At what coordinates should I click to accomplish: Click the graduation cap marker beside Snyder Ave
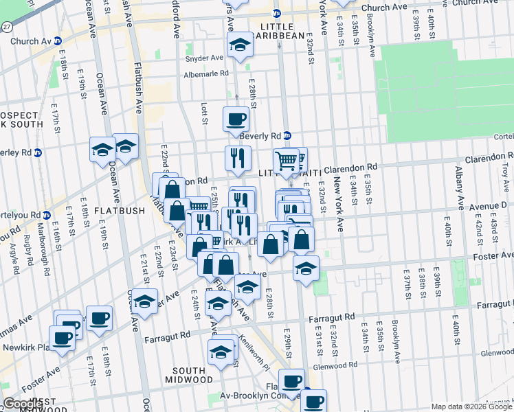240,45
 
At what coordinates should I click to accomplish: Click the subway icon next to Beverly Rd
288,136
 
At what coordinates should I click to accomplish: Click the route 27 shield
6,25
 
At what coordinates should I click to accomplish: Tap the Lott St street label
204,114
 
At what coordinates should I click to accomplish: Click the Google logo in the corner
23,404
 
